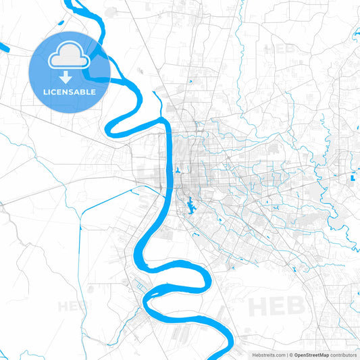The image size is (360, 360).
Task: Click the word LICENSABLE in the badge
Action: click(x=70, y=91)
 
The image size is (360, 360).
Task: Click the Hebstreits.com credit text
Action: click(x=269, y=355)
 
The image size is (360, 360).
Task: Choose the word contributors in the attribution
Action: click(x=343, y=355)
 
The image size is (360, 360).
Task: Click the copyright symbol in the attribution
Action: click(x=291, y=355)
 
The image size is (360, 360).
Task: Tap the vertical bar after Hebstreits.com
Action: click(x=287, y=355)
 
